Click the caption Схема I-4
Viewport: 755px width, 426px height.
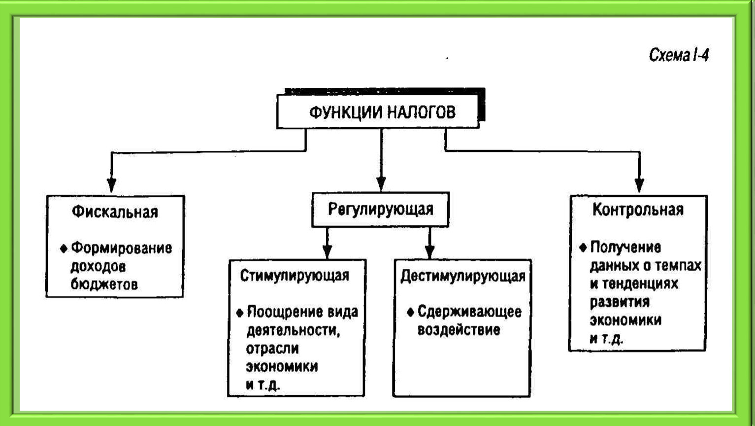click(679, 55)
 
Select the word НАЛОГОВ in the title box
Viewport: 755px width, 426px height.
click(421, 112)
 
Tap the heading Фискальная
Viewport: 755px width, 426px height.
click(115, 212)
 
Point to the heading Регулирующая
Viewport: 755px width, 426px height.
click(381, 210)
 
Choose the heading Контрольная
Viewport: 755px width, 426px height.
click(638, 210)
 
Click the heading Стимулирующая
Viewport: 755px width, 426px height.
click(294, 276)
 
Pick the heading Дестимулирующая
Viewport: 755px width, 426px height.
click(463, 276)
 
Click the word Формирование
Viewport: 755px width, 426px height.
click(122, 248)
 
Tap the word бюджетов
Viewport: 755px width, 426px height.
click(104, 284)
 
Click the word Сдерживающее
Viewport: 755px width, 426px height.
click(469, 312)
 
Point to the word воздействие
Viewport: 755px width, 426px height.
click(459, 330)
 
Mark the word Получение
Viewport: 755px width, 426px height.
click(625, 248)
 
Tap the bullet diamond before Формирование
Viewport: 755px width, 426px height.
click(64, 249)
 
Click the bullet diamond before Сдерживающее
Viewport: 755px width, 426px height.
click(410, 313)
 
